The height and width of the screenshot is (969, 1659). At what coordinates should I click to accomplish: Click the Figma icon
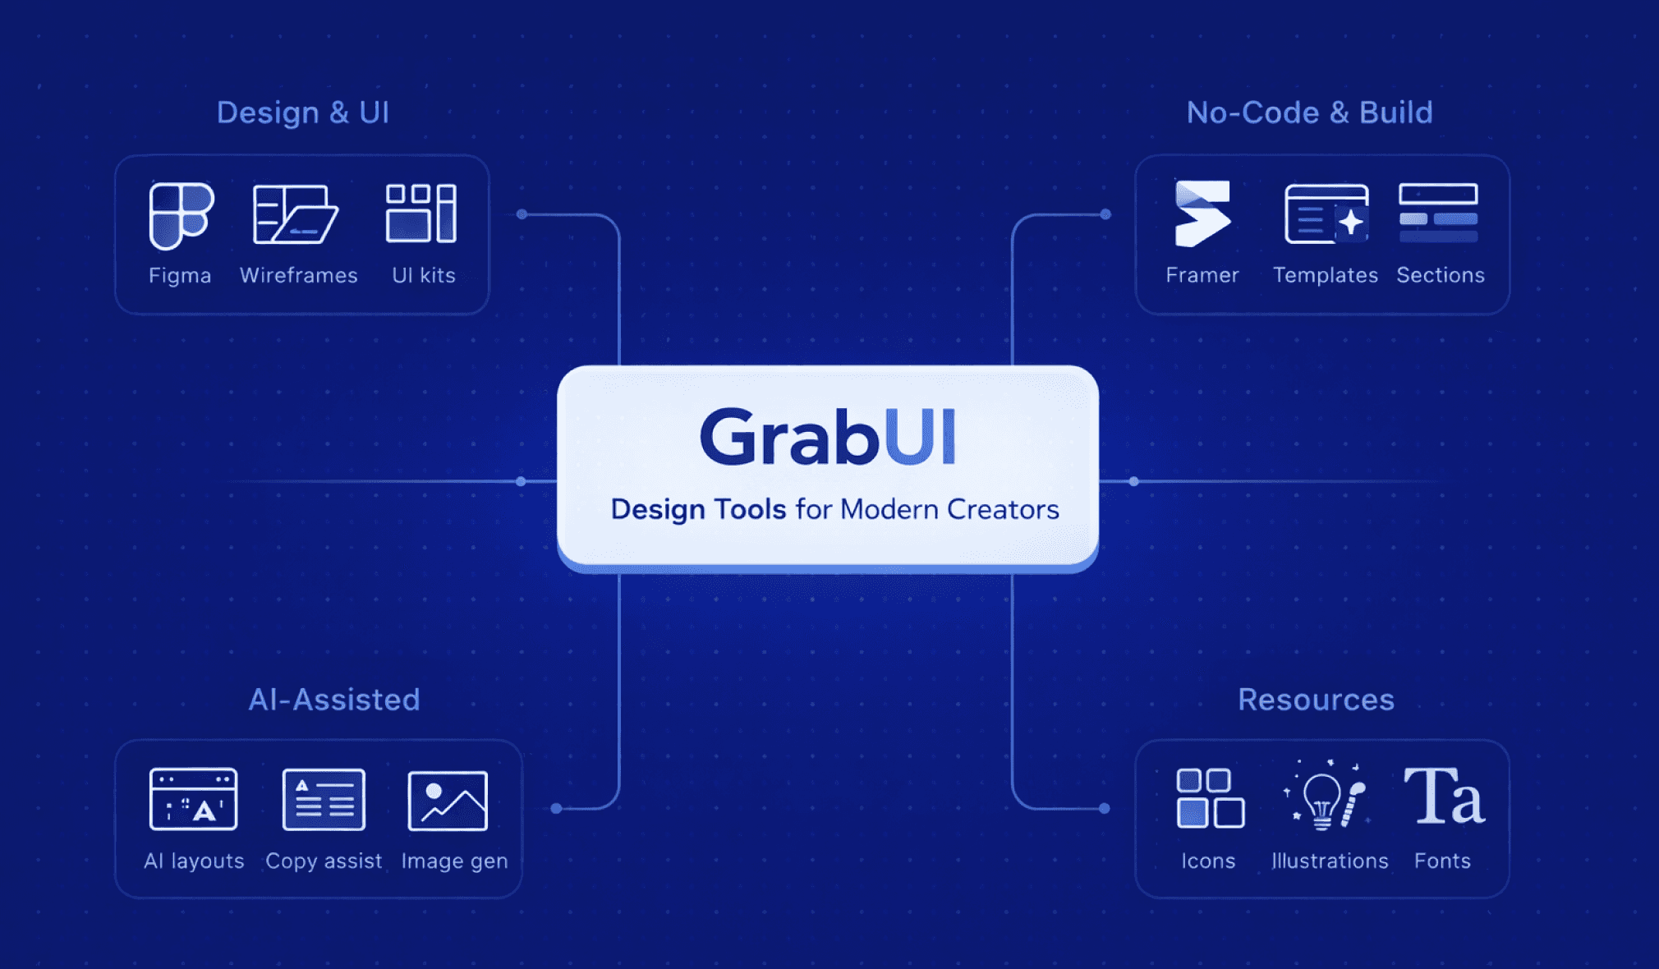tap(181, 215)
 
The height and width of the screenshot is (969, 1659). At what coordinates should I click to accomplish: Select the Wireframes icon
tap(296, 214)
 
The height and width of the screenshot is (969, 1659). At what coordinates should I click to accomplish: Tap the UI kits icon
tap(421, 214)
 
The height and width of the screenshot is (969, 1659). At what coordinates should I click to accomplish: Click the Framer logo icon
tap(1202, 214)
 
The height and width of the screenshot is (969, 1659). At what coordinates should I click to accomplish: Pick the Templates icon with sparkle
tap(1326, 214)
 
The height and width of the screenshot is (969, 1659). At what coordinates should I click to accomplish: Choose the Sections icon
tap(1438, 214)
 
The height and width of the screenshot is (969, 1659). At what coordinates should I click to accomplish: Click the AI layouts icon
tap(194, 799)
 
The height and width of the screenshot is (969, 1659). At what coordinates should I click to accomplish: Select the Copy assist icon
tap(324, 799)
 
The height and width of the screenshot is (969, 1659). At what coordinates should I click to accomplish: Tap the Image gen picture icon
tap(448, 801)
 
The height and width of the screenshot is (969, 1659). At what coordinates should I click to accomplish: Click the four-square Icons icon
tap(1210, 798)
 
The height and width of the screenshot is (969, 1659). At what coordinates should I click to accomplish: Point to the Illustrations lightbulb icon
tap(1325, 797)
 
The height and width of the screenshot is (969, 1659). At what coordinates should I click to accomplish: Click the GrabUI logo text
tap(828, 437)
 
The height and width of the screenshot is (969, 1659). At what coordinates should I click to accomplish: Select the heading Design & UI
tap(303, 113)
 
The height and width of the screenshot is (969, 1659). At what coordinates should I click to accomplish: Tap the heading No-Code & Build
tap(1309, 113)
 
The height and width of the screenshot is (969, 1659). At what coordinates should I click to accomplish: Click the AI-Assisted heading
tap(334, 700)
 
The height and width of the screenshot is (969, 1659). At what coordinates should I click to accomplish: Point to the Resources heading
tap(1316, 700)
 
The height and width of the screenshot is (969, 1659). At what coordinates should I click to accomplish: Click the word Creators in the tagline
tap(1003, 509)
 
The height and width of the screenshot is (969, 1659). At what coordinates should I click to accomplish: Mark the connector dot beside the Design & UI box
tap(522, 214)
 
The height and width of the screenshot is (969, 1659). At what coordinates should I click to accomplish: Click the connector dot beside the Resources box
tap(1105, 808)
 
